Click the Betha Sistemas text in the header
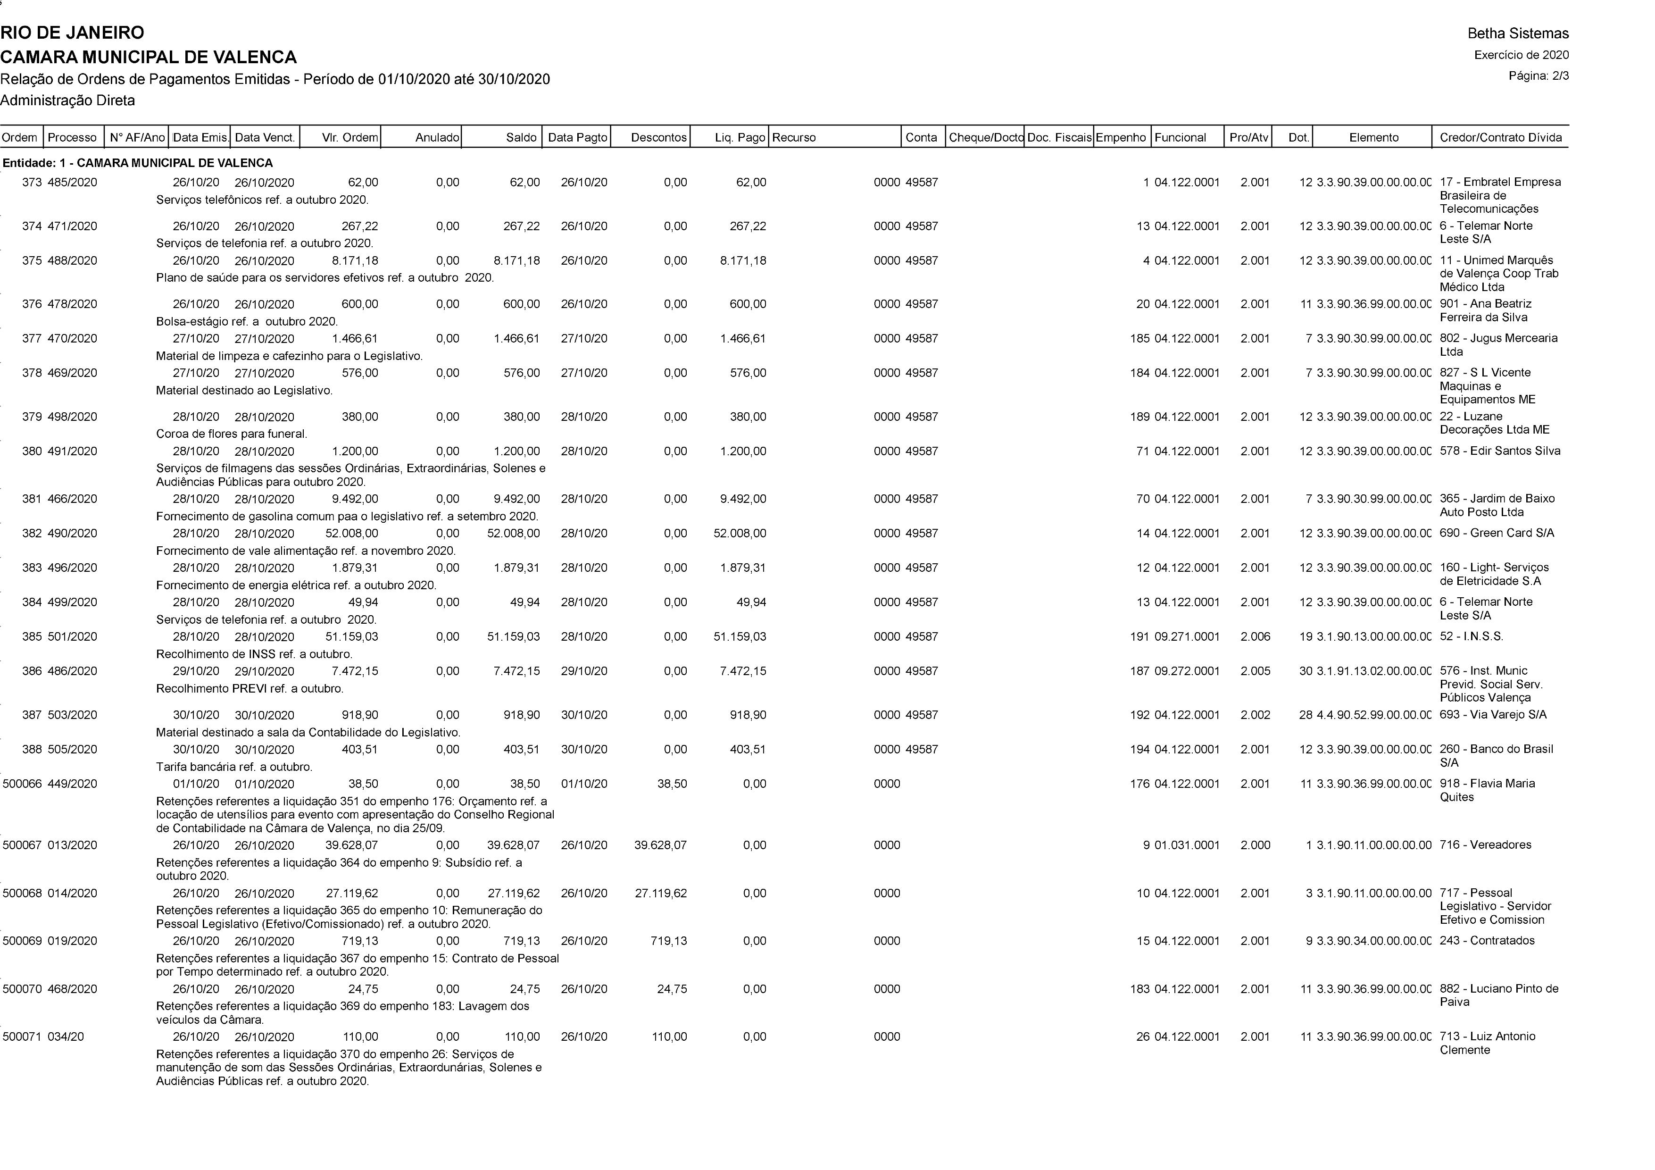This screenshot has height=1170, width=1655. click(1517, 33)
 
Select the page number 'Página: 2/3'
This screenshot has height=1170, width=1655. click(1538, 75)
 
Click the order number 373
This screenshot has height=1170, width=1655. click(32, 183)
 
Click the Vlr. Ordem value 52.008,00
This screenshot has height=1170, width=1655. click(351, 534)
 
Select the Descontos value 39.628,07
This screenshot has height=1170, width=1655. click(660, 845)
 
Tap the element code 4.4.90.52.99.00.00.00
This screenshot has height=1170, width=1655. click(1373, 715)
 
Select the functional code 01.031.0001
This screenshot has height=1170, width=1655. click(1187, 845)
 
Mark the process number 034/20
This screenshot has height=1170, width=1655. click(66, 1036)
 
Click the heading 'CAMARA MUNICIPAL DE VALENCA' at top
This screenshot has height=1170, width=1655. click(149, 57)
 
